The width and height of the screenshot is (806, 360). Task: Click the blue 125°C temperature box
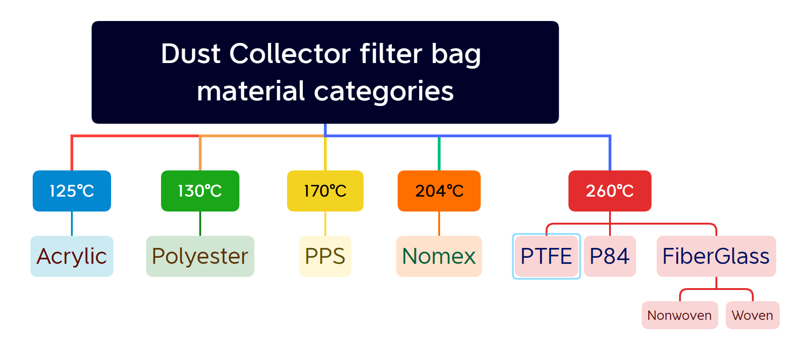tap(72, 191)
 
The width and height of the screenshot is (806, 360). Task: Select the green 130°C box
tap(200, 191)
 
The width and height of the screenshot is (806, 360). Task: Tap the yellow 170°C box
tap(325, 191)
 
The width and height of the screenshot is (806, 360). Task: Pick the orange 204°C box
tap(439, 191)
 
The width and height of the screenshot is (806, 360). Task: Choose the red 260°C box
tap(610, 191)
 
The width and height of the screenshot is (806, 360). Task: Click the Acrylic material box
tap(72, 256)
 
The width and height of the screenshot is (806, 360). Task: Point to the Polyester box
tap(200, 256)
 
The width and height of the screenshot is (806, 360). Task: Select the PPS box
tap(325, 256)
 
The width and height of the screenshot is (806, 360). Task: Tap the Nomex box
tap(439, 256)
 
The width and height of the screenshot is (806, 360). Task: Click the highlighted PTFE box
tap(547, 256)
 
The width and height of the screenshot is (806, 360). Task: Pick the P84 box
tap(610, 256)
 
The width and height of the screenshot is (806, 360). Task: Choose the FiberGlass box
tap(716, 256)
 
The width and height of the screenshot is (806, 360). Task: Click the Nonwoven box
tap(680, 315)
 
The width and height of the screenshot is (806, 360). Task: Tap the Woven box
tap(753, 315)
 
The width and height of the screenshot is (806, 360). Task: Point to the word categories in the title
tap(384, 92)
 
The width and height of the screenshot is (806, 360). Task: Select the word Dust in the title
tap(190, 54)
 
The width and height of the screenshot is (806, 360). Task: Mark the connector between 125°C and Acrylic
tap(72, 224)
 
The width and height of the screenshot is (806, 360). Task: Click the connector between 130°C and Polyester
tap(200, 224)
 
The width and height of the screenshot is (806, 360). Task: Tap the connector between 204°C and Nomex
tap(439, 224)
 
